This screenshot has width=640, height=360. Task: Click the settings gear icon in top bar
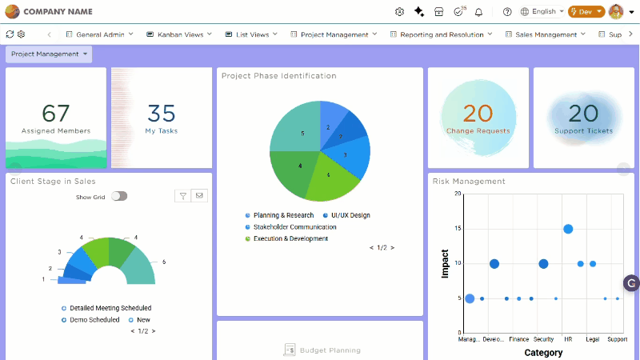click(x=400, y=12)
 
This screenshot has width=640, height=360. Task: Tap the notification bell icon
click(x=478, y=12)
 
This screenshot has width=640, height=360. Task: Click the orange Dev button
click(x=586, y=12)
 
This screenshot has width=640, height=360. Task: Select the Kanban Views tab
click(x=179, y=34)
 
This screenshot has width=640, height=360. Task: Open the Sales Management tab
click(x=546, y=34)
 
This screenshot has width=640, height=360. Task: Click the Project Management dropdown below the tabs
click(x=49, y=54)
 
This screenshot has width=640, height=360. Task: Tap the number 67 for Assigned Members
click(x=56, y=113)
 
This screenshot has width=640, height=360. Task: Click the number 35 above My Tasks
click(x=162, y=113)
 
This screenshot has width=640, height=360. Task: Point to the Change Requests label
click(x=478, y=130)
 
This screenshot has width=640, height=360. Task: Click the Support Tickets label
click(x=583, y=130)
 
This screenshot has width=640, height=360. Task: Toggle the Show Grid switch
click(x=119, y=196)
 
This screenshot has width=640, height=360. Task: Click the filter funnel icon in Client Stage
click(x=182, y=195)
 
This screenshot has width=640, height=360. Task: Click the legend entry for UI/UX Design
click(x=346, y=215)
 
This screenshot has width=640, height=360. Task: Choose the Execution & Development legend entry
click(x=290, y=238)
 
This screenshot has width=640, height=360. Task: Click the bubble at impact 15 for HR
click(x=568, y=229)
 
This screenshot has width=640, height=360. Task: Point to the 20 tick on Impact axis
click(x=458, y=194)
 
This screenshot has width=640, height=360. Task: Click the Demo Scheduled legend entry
click(x=94, y=319)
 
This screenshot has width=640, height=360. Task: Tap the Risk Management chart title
click(x=469, y=182)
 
